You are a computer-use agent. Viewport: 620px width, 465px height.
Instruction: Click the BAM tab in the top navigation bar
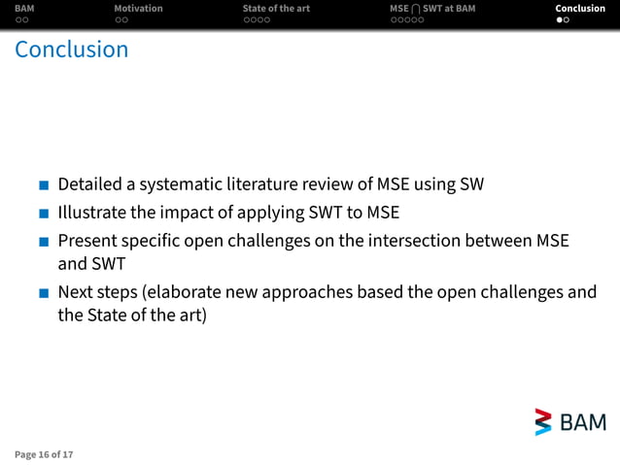point(24,9)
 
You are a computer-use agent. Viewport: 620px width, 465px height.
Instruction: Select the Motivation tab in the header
point(138,9)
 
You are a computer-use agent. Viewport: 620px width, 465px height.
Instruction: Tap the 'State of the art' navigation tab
point(276,9)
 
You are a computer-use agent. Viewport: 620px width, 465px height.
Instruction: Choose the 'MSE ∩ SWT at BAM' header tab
point(432,9)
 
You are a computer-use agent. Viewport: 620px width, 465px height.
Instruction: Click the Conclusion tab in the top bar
point(580,9)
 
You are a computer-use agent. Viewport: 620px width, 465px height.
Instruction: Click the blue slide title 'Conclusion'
point(72,50)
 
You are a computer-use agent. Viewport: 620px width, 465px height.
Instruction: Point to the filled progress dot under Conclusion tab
point(560,20)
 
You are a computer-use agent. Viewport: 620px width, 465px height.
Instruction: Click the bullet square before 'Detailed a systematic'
point(44,185)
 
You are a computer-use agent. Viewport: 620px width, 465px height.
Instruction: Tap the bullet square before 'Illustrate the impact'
point(44,214)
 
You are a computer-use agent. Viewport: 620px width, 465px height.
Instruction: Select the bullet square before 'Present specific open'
point(44,241)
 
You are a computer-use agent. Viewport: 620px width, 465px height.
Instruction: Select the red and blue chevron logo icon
point(543,422)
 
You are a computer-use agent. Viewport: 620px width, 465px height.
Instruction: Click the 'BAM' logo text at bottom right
point(583,422)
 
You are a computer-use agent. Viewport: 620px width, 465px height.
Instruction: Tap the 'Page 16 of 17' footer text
point(44,453)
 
